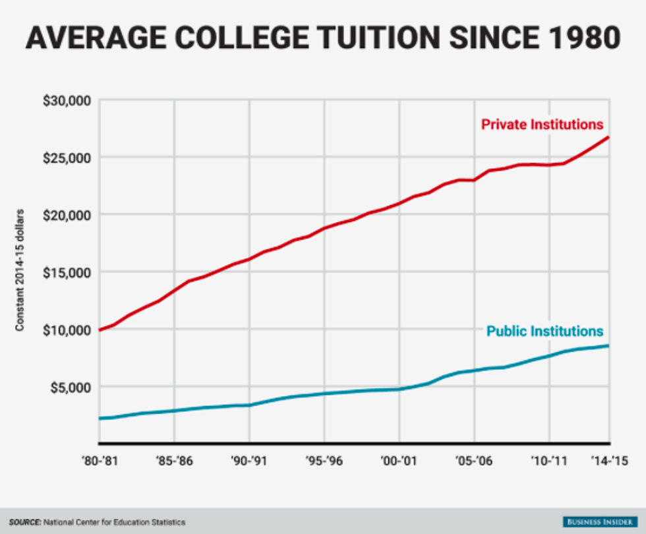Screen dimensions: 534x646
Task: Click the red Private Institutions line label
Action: point(542,124)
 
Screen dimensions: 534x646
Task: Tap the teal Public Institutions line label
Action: point(544,330)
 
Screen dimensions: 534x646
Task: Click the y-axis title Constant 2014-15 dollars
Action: point(20,270)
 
